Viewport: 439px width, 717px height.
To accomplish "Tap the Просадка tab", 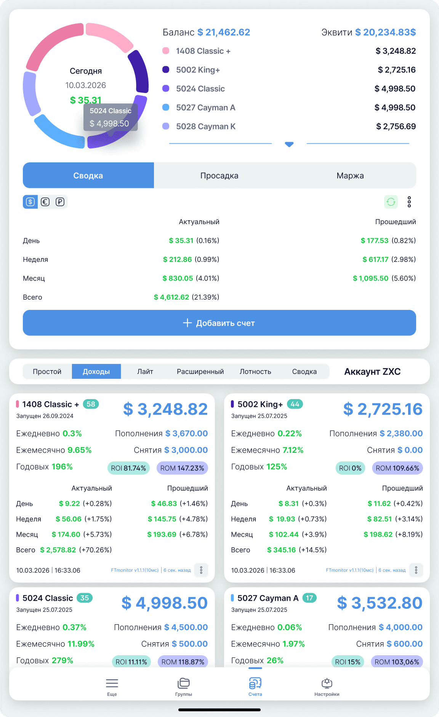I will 219,176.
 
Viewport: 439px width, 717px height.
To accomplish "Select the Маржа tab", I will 350,176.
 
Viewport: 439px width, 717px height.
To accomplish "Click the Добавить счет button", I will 219,323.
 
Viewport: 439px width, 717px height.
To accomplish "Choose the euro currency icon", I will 45,202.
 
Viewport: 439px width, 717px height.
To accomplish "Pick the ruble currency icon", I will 60,202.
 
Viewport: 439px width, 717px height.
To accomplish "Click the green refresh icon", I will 391,202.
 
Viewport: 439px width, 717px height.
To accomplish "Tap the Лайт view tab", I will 145,372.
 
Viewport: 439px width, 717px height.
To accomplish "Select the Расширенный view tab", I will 200,372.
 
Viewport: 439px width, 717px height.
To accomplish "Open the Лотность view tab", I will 255,372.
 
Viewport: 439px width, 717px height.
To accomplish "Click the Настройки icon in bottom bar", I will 327,687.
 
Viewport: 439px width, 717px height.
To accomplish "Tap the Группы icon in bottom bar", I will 184,687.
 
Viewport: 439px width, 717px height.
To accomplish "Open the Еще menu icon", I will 112,687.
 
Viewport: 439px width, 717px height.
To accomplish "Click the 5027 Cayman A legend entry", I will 205,108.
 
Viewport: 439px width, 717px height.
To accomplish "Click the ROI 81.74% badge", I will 128,468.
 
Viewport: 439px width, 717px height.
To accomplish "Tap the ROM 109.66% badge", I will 397,468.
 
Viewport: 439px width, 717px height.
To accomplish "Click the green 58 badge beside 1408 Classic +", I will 91,404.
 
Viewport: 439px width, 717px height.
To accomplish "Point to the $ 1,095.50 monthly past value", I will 370,278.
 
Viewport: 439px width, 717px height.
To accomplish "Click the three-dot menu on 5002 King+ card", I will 416,570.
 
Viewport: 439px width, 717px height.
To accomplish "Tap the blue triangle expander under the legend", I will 289,144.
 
